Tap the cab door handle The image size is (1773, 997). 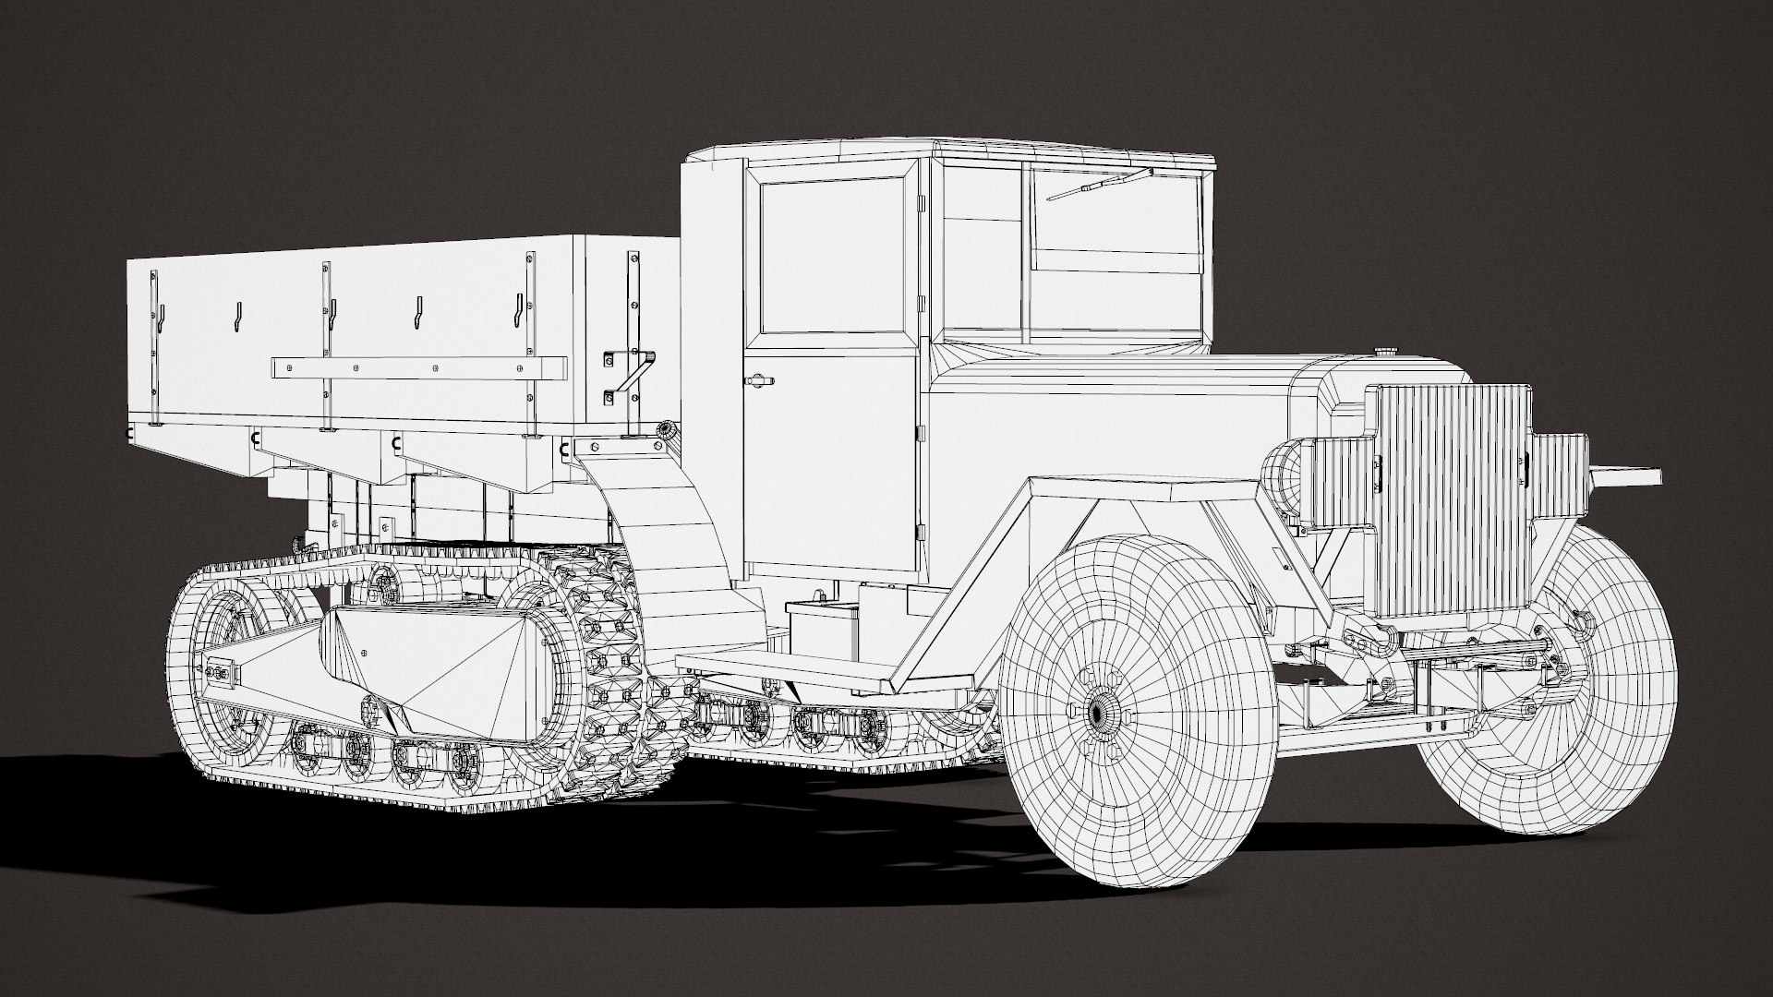click(759, 379)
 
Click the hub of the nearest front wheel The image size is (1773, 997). click(1098, 711)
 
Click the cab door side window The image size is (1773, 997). click(832, 256)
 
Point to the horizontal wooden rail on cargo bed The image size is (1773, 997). click(416, 368)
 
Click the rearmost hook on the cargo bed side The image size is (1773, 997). click(160, 318)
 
